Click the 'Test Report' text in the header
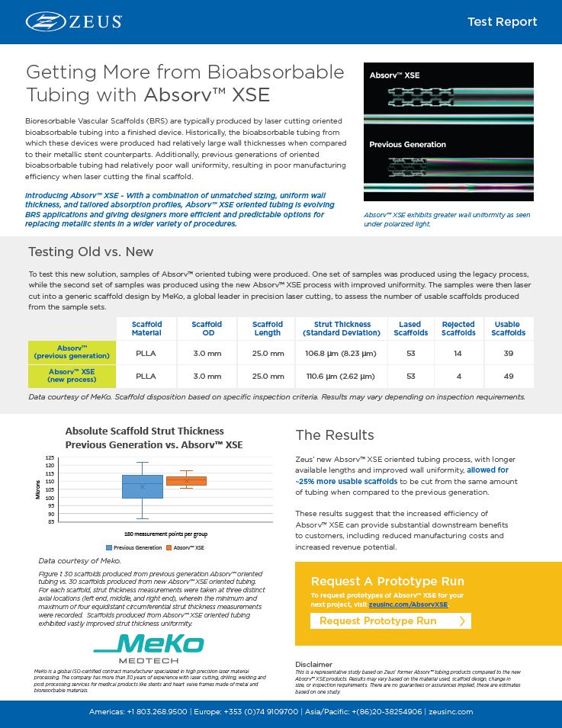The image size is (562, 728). [x=501, y=21]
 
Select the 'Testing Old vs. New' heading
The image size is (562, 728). [x=91, y=252]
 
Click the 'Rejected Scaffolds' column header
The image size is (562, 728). [x=458, y=329]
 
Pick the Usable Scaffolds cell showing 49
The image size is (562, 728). [x=508, y=376]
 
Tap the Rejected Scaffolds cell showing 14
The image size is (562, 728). [x=458, y=353]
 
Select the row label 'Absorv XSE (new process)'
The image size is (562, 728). [x=73, y=376]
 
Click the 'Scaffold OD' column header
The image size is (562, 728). [x=207, y=329]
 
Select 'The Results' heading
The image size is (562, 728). [x=334, y=435]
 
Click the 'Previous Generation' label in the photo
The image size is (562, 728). [x=407, y=144]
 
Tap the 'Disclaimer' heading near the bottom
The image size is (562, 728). [x=313, y=664]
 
